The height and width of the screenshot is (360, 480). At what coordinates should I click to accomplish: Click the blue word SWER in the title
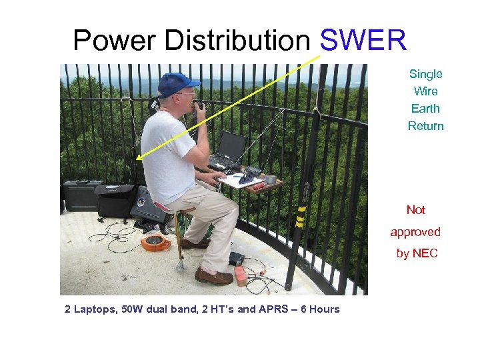[363, 41]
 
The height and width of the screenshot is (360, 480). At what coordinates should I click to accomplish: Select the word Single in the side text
[425, 74]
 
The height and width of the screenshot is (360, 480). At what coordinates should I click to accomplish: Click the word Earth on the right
[425, 109]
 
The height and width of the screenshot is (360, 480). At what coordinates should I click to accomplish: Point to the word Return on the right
[425, 126]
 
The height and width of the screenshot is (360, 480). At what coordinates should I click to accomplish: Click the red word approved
[415, 232]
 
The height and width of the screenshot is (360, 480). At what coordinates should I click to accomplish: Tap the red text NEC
[425, 253]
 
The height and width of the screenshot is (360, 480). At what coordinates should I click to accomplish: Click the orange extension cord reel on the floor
[155, 242]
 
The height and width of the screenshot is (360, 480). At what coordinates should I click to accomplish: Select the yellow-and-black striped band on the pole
[301, 217]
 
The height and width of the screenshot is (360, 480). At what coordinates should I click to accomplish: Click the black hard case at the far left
[79, 195]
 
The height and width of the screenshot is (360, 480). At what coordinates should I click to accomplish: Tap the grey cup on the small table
[270, 179]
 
